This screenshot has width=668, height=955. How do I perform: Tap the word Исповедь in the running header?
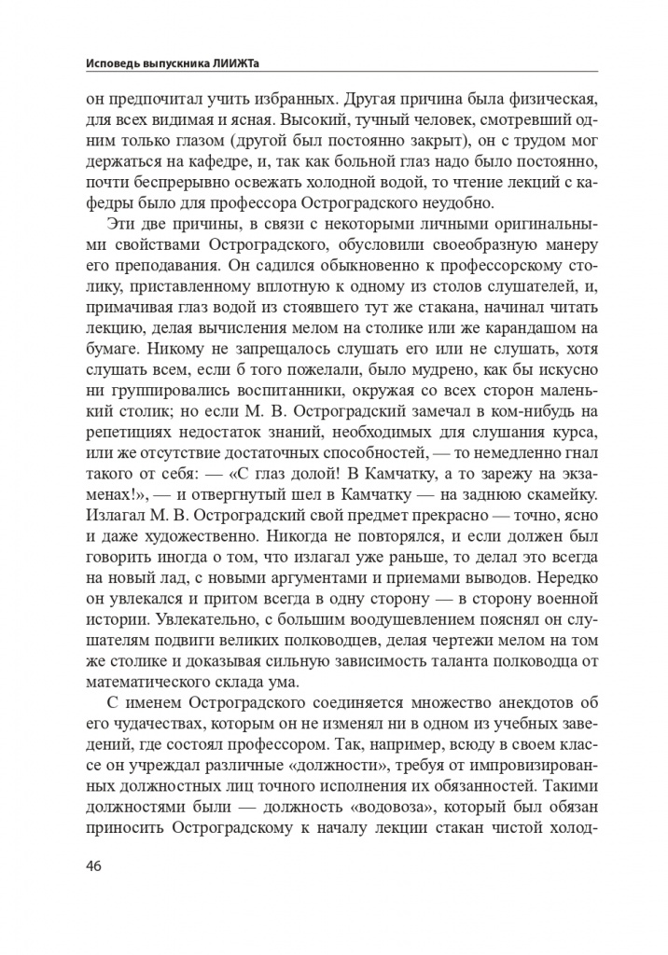tap(112, 62)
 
